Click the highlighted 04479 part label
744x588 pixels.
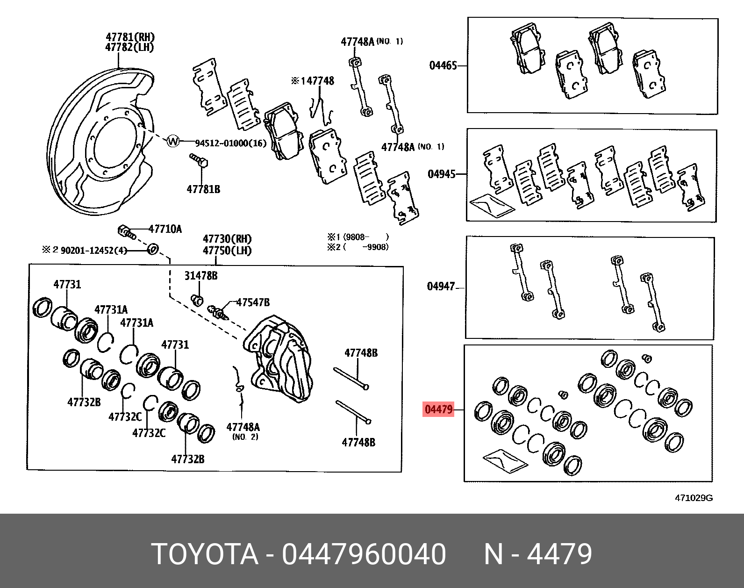tap(438, 410)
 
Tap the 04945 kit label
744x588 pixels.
tap(441, 174)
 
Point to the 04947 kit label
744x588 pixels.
tap(441, 286)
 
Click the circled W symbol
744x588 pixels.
tap(173, 141)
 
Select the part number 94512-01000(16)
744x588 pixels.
tap(230, 143)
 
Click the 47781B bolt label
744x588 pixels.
tap(203, 189)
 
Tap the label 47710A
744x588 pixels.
tap(165, 229)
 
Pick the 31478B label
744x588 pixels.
tap(200, 276)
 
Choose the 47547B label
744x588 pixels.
tap(253, 302)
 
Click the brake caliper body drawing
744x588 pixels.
tap(279, 358)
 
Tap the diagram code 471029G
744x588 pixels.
tap(694, 498)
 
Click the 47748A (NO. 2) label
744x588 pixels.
tap(243, 430)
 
